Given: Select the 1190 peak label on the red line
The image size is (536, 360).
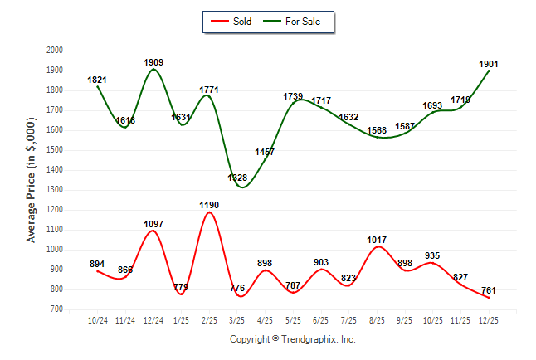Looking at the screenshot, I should click(x=210, y=204).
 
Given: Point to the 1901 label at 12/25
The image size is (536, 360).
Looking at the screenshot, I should click(x=489, y=63).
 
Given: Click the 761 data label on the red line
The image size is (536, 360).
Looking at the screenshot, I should click(x=489, y=290).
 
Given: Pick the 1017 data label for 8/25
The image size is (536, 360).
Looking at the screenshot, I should click(x=378, y=240).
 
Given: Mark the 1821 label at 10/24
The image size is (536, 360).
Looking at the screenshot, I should click(x=98, y=80).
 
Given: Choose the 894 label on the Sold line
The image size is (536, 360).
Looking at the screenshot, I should click(x=98, y=264).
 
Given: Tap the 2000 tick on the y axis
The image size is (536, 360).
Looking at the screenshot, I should click(x=55, y=51).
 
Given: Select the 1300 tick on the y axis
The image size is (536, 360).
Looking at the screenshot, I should click(x=55, y=190).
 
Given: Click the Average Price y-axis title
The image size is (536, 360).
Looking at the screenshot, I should click(x=32, y=180).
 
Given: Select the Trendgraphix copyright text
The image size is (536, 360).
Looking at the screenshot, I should click(x=292, y=339).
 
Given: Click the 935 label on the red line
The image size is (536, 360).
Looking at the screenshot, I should click(x=433, y=255).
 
